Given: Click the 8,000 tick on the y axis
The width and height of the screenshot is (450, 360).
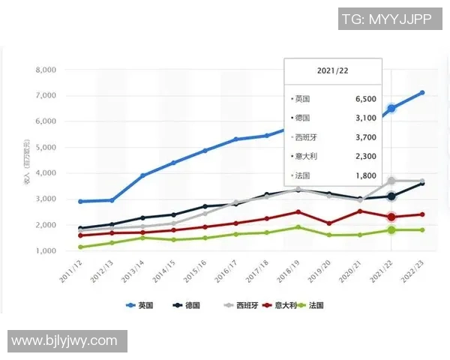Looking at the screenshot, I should (x=46, y=70).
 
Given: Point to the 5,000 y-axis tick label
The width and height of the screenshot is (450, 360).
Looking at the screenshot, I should (x=46, y=147).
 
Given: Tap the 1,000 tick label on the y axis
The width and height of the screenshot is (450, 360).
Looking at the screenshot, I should (x=46, y=250).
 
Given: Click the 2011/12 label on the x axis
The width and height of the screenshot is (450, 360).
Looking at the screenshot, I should (x=73, y=271).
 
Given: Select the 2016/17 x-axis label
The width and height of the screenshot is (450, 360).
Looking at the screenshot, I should (x=229, y=271).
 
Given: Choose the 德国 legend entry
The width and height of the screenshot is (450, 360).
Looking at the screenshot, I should (x=188, y=306).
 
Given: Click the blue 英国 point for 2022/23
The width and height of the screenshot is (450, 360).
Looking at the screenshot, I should (x=422, y=93).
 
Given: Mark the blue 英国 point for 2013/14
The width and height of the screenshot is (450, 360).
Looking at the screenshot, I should (x=142, y=175).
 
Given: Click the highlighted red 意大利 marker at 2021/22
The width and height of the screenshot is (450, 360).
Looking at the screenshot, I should (x=391, y=217).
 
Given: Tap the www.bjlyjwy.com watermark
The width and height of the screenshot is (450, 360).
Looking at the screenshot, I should (x=64, y=341).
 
